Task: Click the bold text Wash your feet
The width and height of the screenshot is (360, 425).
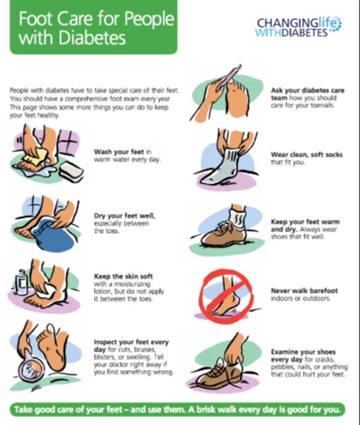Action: (119, 152)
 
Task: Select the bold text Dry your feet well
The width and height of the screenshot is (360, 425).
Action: (124, 216)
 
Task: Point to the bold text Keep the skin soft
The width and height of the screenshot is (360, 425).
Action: (123, 276)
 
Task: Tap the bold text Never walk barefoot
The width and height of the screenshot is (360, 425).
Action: (304, 291)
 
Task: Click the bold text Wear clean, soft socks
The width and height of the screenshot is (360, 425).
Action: (307, 155)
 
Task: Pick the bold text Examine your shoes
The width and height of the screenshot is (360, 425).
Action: (303, 352)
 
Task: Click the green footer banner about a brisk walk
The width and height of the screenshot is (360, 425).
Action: (177, 410)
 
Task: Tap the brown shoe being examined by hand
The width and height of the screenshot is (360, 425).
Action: (219, 375)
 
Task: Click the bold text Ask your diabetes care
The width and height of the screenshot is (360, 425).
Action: (307, 91)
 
